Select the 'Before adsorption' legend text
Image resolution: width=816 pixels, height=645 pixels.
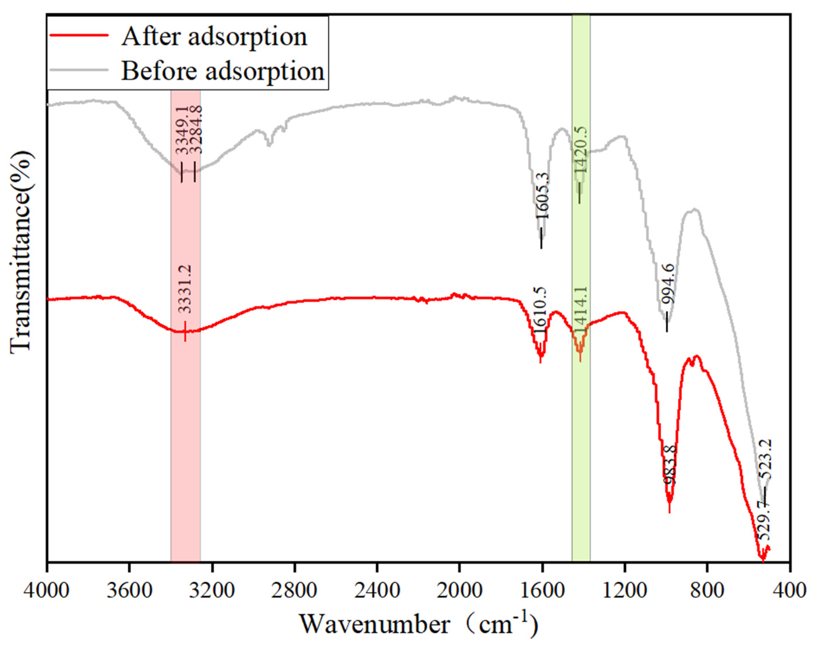pos(223,71)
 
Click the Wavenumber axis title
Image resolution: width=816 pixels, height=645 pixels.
pos(418,624)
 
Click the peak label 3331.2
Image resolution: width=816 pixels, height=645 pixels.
pos(185,289)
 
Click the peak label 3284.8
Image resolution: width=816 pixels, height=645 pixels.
pos(195,130)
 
